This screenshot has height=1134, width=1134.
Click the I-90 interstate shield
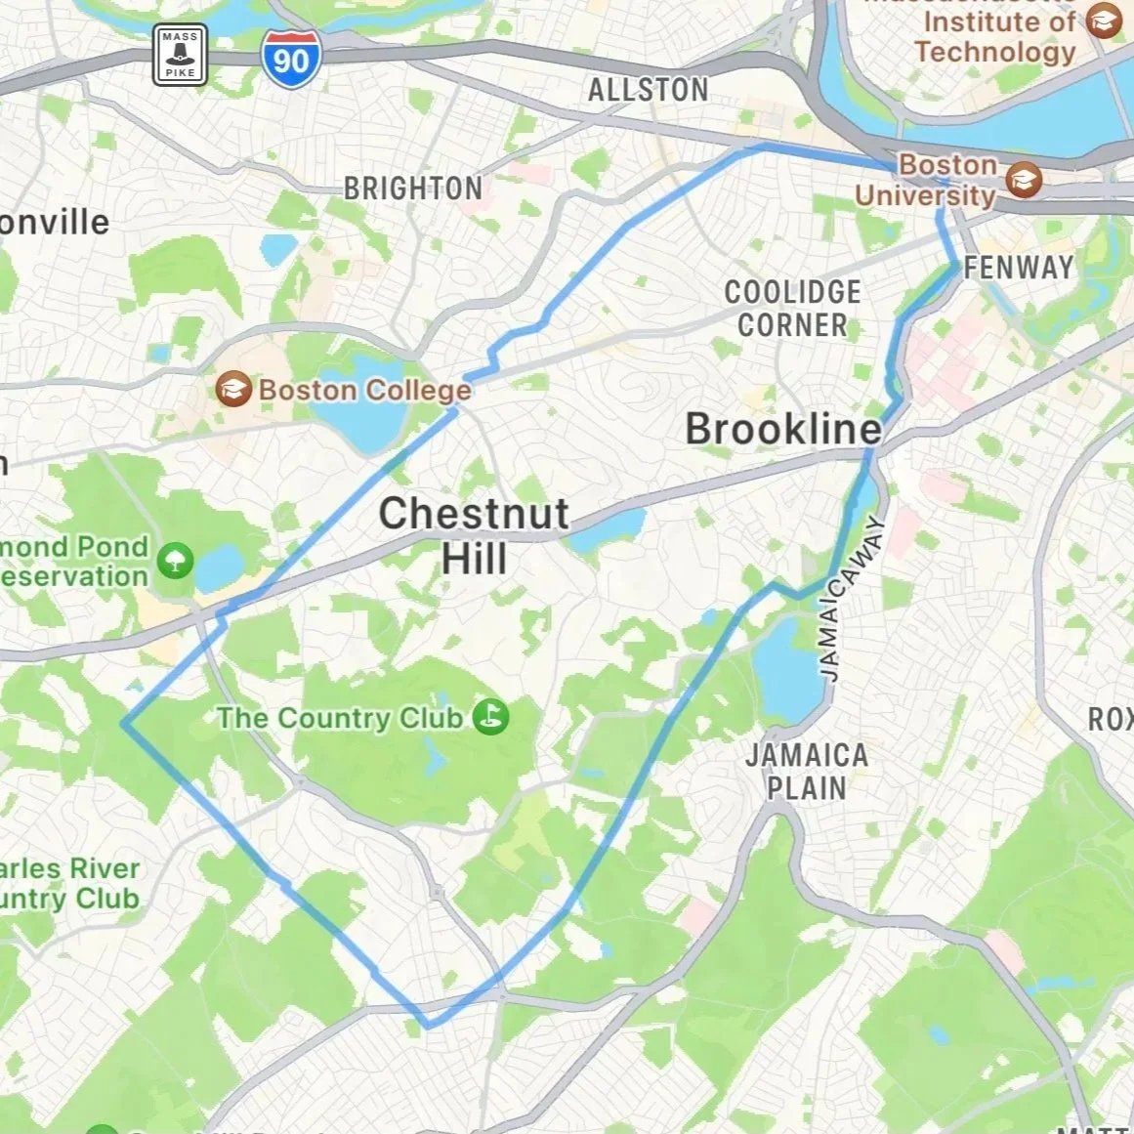(x=290, y=59)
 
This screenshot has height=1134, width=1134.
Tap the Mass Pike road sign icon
(x=181, y=55)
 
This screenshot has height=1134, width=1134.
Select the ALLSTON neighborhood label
(x=648, y=90)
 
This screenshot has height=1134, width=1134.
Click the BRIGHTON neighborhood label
(x=412, y=189)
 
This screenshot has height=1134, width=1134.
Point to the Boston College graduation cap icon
(x=233, y=390)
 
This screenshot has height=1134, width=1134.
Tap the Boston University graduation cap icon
(x=1025, y=180)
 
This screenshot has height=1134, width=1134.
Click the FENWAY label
(x=1019, y=268)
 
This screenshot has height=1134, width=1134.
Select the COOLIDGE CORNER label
(x=792, y=309)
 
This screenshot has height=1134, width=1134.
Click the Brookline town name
(x=783, y=430)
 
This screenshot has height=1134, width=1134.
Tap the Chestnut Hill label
(x=474, y=536)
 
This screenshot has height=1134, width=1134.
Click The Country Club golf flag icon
(x=490, y=717)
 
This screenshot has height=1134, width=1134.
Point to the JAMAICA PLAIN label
(x=806, y=771)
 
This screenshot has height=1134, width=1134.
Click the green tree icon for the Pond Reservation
(x=176, y=561)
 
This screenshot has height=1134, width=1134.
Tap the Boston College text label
(x=364, y=391)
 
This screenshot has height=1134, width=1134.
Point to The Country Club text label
(x=339, y=718)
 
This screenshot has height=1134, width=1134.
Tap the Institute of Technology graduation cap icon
(x=1104, y=21)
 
